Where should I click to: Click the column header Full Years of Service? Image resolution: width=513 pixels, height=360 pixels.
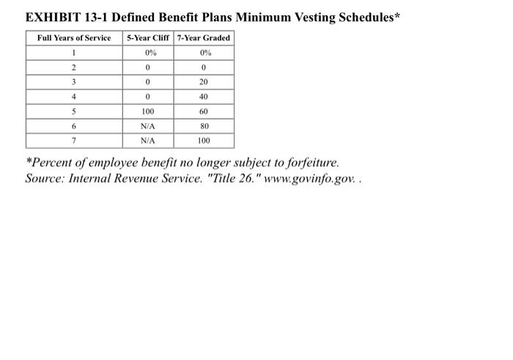74,38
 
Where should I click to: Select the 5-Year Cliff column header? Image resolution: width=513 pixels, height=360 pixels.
148,38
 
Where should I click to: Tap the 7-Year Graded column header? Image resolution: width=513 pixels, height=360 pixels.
204,38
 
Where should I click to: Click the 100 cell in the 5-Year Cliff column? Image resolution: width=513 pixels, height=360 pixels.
148,112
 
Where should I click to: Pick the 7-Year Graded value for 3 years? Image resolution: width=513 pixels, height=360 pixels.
204,82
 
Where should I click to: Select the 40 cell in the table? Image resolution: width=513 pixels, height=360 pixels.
204,97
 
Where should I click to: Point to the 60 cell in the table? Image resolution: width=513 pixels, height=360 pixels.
204,112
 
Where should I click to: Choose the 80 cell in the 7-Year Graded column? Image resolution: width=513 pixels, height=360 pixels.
204,126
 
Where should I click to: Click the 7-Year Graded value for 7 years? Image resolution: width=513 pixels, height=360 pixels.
204,141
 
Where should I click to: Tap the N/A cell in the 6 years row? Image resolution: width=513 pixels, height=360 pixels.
148,126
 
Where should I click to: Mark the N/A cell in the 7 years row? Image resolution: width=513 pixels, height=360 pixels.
148,141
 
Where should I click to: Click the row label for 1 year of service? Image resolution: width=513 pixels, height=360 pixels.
74,53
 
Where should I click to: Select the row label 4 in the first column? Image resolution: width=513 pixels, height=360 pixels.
74,97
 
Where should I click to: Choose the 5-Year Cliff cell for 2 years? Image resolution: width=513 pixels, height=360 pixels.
148,67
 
